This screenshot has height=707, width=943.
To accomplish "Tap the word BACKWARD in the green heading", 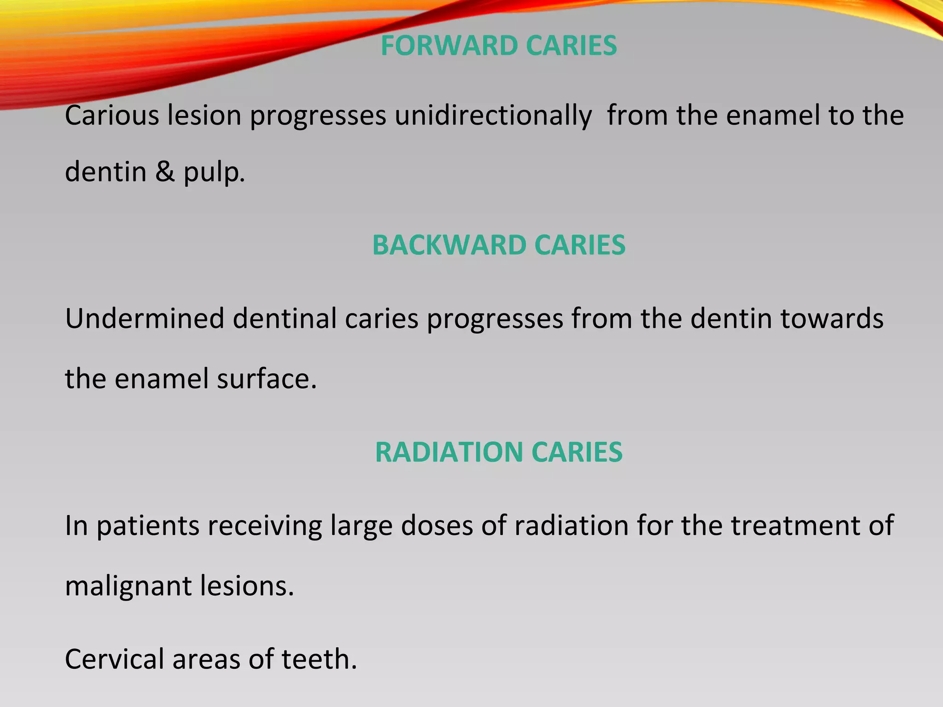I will [x=449, y=245].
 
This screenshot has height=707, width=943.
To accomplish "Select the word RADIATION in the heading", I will [x=448, y=452].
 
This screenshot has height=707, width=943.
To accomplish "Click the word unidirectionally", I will [x=493, y=116].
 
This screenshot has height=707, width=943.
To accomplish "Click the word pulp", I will [x=214, y=173].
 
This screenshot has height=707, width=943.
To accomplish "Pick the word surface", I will [x=267, y=379].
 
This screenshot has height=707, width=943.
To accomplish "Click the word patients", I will [x=148, y=526].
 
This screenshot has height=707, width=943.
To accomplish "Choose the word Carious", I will [x=112, y=116].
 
